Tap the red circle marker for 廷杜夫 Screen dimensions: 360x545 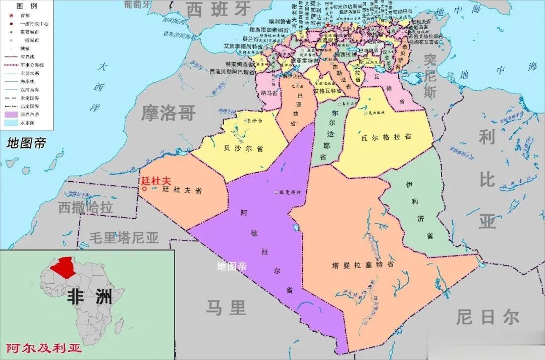tap(144, 189)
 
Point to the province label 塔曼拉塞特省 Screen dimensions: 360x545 tap(363, 265)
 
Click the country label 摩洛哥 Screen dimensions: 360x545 tap(168, 113)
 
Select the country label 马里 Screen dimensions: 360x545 tap(226, 307)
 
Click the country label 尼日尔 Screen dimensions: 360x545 tap(487, 318)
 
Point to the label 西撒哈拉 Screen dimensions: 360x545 tap(85, 207)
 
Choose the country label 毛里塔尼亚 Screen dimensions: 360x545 tap(124, 237)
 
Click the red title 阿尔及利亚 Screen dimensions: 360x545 tap(44, 348)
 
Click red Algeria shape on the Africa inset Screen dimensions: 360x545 tap(65, 267)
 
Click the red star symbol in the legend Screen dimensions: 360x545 tap(10, 15)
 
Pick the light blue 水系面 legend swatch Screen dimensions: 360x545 tap(10, 122)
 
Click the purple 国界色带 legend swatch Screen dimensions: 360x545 tap(10, 114)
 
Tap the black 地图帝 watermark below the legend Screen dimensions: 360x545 tap(26, 143)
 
